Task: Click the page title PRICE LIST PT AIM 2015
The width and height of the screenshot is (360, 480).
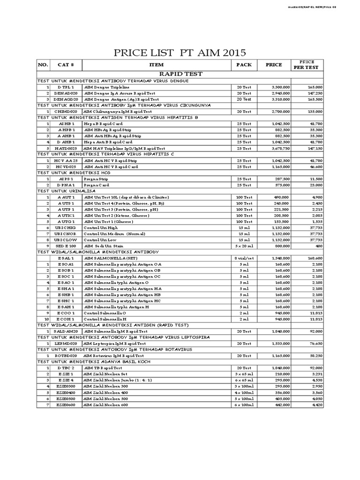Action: point(180,52)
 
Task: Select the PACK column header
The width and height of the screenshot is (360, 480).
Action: point(244,65)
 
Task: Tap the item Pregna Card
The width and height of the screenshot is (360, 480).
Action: point(96,185)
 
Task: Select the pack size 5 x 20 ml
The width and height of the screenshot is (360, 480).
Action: point(244,245)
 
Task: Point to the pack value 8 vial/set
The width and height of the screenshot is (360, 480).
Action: point(244,258)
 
